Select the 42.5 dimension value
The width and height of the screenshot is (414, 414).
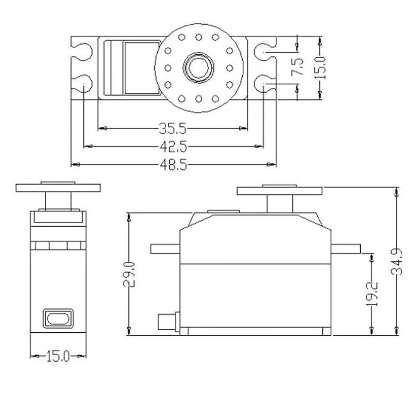pyautogui.click(x=172, y=146)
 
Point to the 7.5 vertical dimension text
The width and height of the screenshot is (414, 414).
pyautogui.click(x=299, y=67)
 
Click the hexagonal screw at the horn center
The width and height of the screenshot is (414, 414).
pyautogui.click(x=198, y=67)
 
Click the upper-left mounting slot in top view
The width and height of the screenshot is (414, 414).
pyautogui.click(x=82, y=50)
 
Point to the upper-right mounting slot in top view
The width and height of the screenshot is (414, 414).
pyautogui.click(x=264, y=50)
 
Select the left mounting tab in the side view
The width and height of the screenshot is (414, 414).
pyautogui.click(x=165, y=249)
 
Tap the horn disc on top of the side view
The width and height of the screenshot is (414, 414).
pyautogui.click(x=280, y=191)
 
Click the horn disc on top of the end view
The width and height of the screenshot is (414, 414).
pyautogui.click(x=58, y=187)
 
